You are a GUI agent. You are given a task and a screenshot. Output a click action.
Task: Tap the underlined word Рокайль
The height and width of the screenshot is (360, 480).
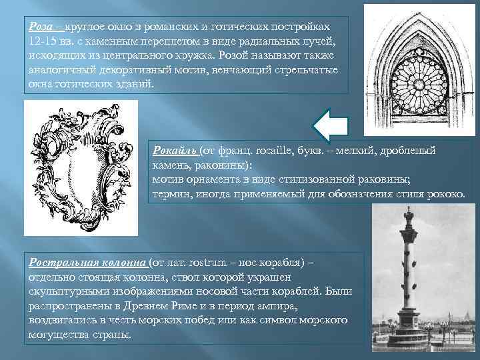(175, 151)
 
